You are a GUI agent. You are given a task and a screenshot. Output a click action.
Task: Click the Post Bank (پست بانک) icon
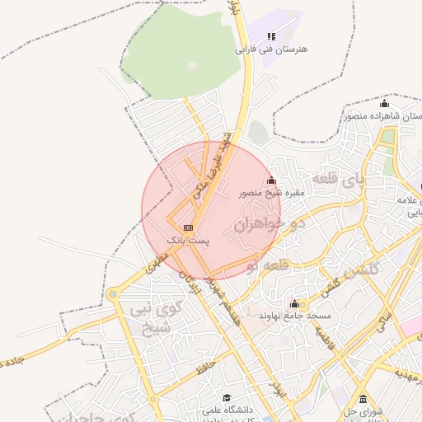(x=189, y=227)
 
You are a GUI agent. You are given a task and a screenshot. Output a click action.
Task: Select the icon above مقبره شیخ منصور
(x=272, y=181)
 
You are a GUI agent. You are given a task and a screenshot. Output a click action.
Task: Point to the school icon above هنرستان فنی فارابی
(x=271, y=36)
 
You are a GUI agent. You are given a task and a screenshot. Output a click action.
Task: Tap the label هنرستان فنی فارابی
(x=271, y=49)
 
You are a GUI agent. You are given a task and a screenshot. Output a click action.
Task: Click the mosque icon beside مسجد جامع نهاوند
(x=294, y=303)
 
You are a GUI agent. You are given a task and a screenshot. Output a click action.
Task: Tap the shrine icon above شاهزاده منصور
(x=383, y=104)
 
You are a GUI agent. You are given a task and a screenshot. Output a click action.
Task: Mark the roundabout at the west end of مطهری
(x=112, y=294)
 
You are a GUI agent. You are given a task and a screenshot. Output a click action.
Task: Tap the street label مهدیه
(x=406, y=373)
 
